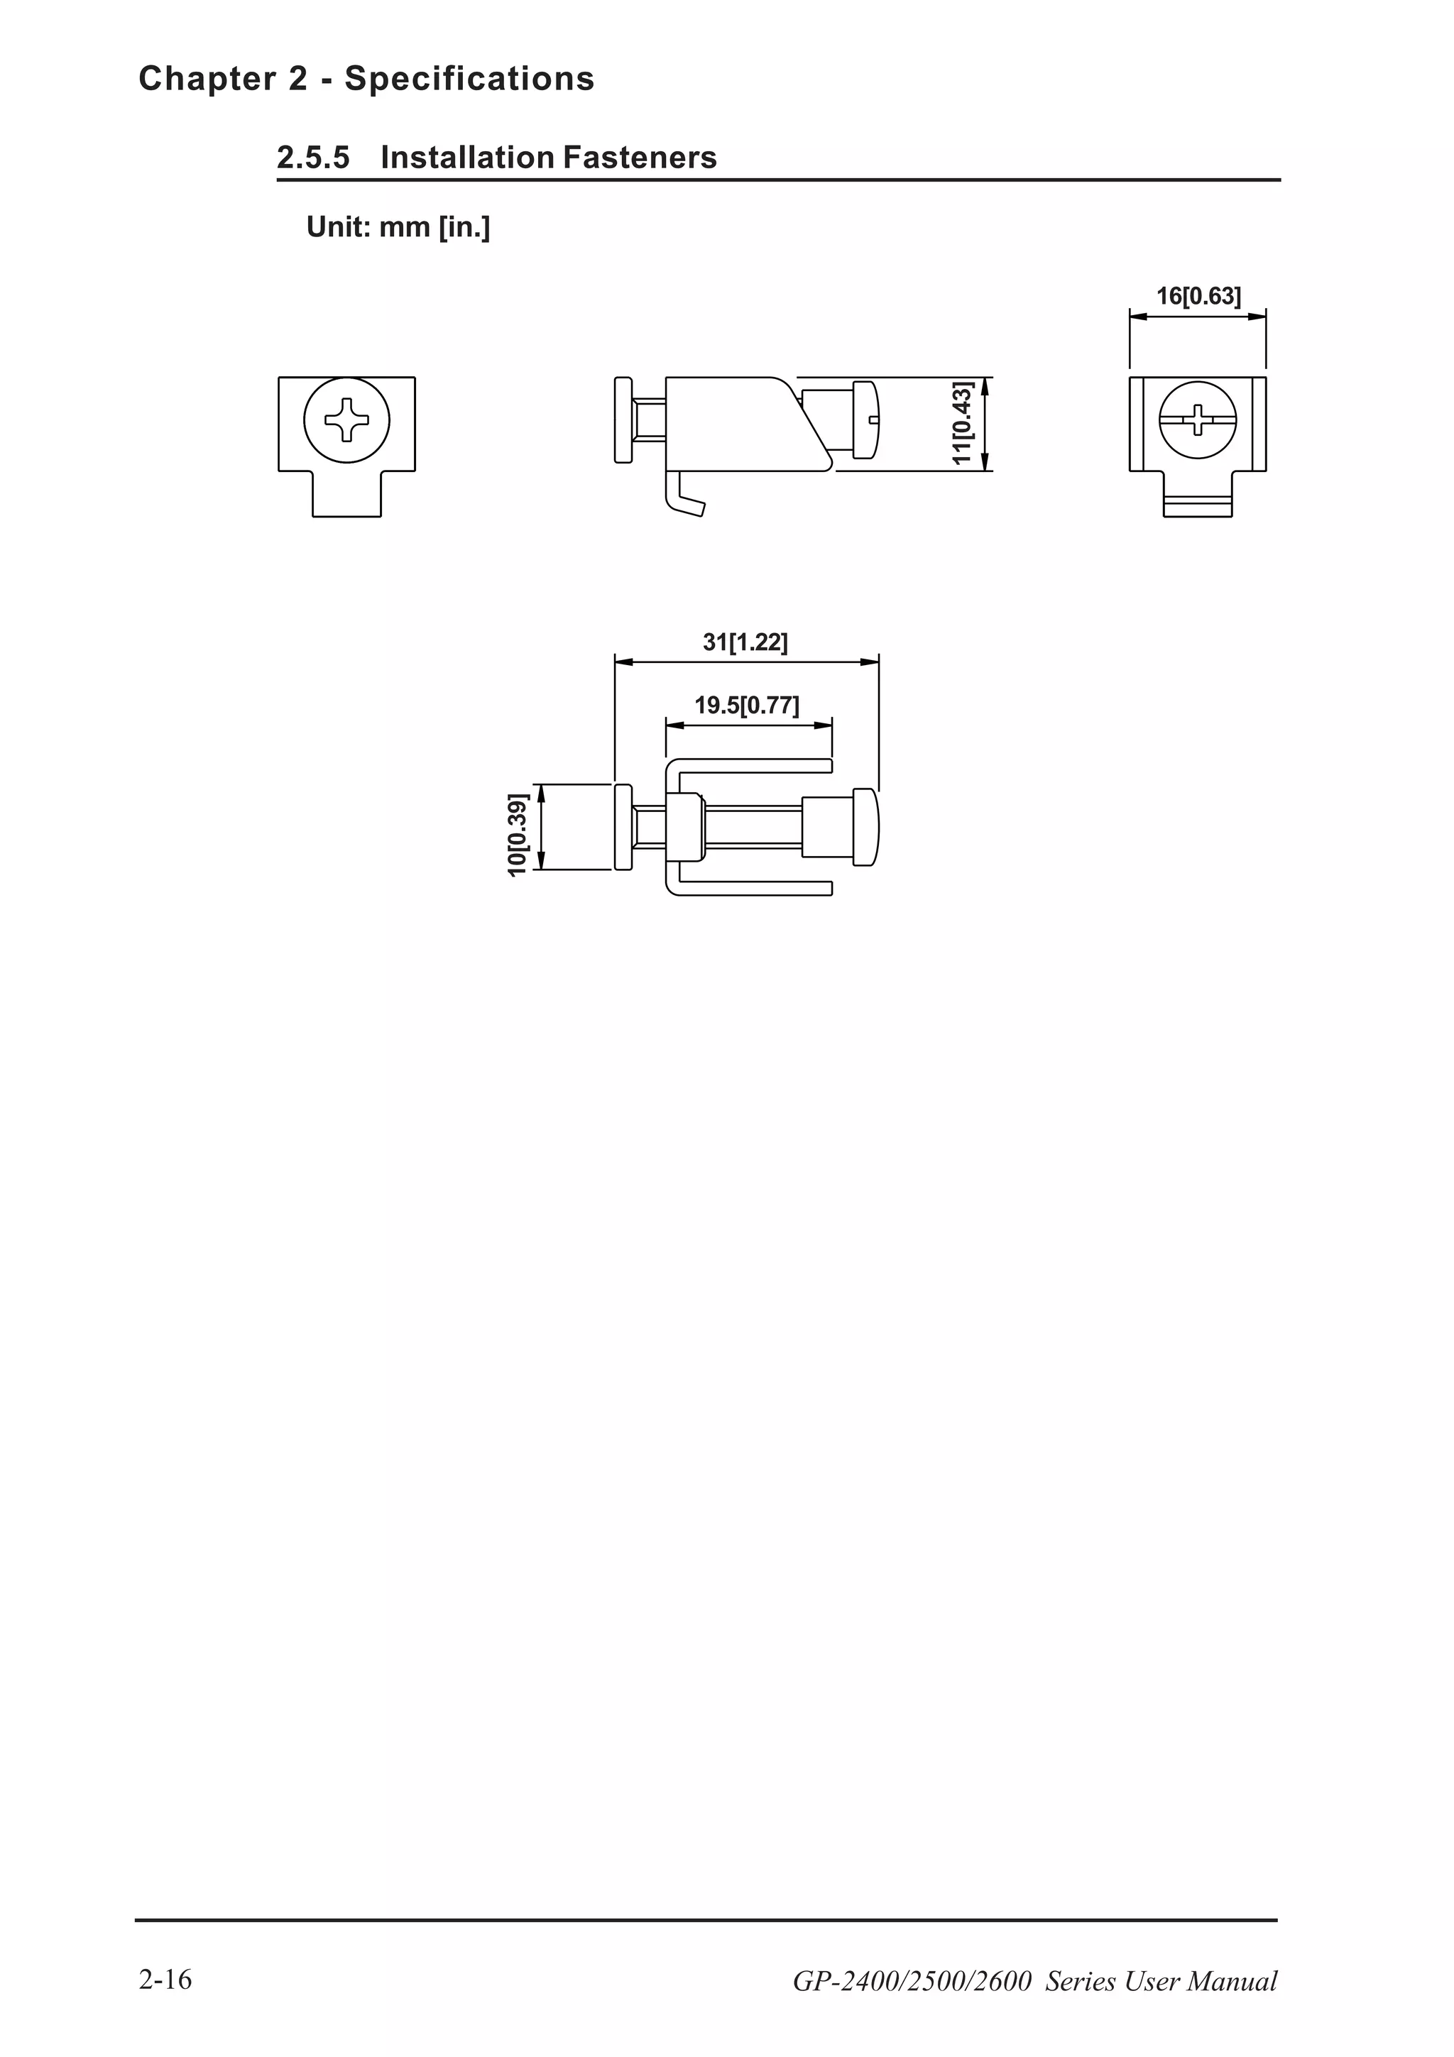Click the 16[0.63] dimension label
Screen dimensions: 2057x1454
point(1198,297)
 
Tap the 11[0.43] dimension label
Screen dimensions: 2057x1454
point(962,423)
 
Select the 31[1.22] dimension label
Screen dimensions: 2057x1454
point(745,642)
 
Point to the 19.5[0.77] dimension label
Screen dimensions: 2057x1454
point(747,705)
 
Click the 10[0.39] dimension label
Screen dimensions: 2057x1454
point(517,834)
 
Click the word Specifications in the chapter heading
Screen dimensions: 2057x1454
point(469,79)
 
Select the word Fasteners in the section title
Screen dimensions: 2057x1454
point(640,158)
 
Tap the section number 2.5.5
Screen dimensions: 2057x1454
point(312,158)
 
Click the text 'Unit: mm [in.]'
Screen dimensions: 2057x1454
point(398,228)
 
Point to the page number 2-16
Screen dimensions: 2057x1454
point(165,1979)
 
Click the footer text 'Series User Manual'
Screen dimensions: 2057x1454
point(1161,1981)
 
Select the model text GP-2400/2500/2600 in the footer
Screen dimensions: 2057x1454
point(912,1981)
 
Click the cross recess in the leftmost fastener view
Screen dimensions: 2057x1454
point(346,419)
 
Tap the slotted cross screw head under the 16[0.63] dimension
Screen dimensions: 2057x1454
point(1198,419)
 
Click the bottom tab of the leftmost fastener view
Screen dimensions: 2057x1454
point(346,493)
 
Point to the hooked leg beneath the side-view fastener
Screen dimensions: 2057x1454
point(683,498)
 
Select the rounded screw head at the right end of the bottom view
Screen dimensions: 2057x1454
point(865,827)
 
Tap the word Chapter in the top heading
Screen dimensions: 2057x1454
point(208,79)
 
